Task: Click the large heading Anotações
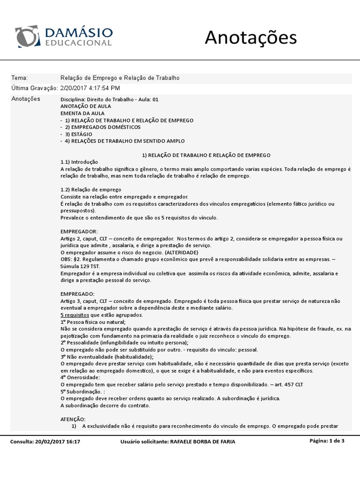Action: [x=251, y=37]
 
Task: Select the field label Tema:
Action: [x=19, y=78]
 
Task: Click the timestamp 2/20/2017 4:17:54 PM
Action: [x=90, y=88]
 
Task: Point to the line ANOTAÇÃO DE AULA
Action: [x=86, y=106]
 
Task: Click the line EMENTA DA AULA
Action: [x=82, y=113]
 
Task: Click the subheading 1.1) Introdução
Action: [x=79, y=162]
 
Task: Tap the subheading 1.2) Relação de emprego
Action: [x=91, y=189]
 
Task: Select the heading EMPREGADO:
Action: [x=78, y=293]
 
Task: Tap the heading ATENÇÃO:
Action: [x=74, y=419]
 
